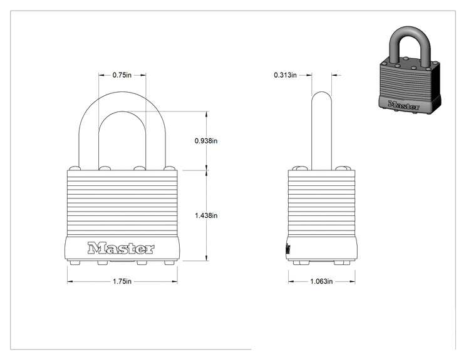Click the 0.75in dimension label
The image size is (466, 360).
coord(122,75)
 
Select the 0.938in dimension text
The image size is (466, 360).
coord(206,141)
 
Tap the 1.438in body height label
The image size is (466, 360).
coord(206,215)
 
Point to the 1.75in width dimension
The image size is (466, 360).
coord(122,281)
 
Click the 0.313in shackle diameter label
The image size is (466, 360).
coord(286,75)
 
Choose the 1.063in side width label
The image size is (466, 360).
coord(321,281)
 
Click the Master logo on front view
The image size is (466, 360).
coord(121,249)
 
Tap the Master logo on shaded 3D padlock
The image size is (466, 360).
coord(403,105)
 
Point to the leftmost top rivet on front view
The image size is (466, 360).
coord(75,168)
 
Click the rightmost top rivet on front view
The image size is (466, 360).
coord(169,168)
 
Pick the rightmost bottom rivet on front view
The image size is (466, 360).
coord(170,262)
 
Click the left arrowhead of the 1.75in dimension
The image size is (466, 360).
coord(70,281)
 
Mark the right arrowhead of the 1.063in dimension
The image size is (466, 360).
coord(352,281)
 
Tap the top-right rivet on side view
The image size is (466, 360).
coord(343,168)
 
